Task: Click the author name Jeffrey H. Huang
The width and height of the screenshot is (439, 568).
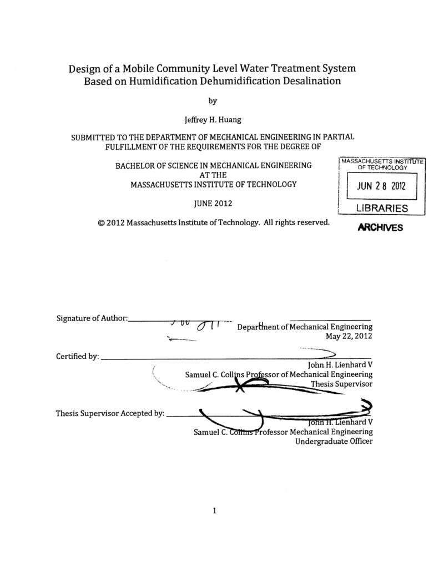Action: (x=213, y=119)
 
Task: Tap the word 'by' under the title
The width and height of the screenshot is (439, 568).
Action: (x=213, y=100)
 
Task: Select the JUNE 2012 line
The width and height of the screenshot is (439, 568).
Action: (x=213, y=203)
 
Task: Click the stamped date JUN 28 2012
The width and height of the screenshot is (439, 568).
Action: (x=381, y=186)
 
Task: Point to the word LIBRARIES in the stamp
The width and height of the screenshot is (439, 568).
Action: (x=381, y=209)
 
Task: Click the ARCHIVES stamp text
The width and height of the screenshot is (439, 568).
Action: (x=380, y=227)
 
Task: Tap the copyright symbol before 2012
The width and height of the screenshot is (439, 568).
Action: (x=101, y=222)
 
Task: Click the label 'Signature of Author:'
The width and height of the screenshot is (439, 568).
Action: (x=92, y=318)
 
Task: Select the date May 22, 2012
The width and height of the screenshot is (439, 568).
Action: (x=349, y=336)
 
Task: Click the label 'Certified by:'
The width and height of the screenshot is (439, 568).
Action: (x=78, y=357)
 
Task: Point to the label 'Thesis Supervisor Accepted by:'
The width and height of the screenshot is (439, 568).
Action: (x=110, y=413)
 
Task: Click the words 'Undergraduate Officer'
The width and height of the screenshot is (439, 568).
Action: (x=334, y=442)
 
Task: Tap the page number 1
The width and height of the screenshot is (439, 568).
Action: (x=214, y=510)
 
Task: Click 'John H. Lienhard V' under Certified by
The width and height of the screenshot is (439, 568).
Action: (x=340, y=365)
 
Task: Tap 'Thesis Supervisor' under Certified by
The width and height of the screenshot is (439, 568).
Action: (x=341, y=383)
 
